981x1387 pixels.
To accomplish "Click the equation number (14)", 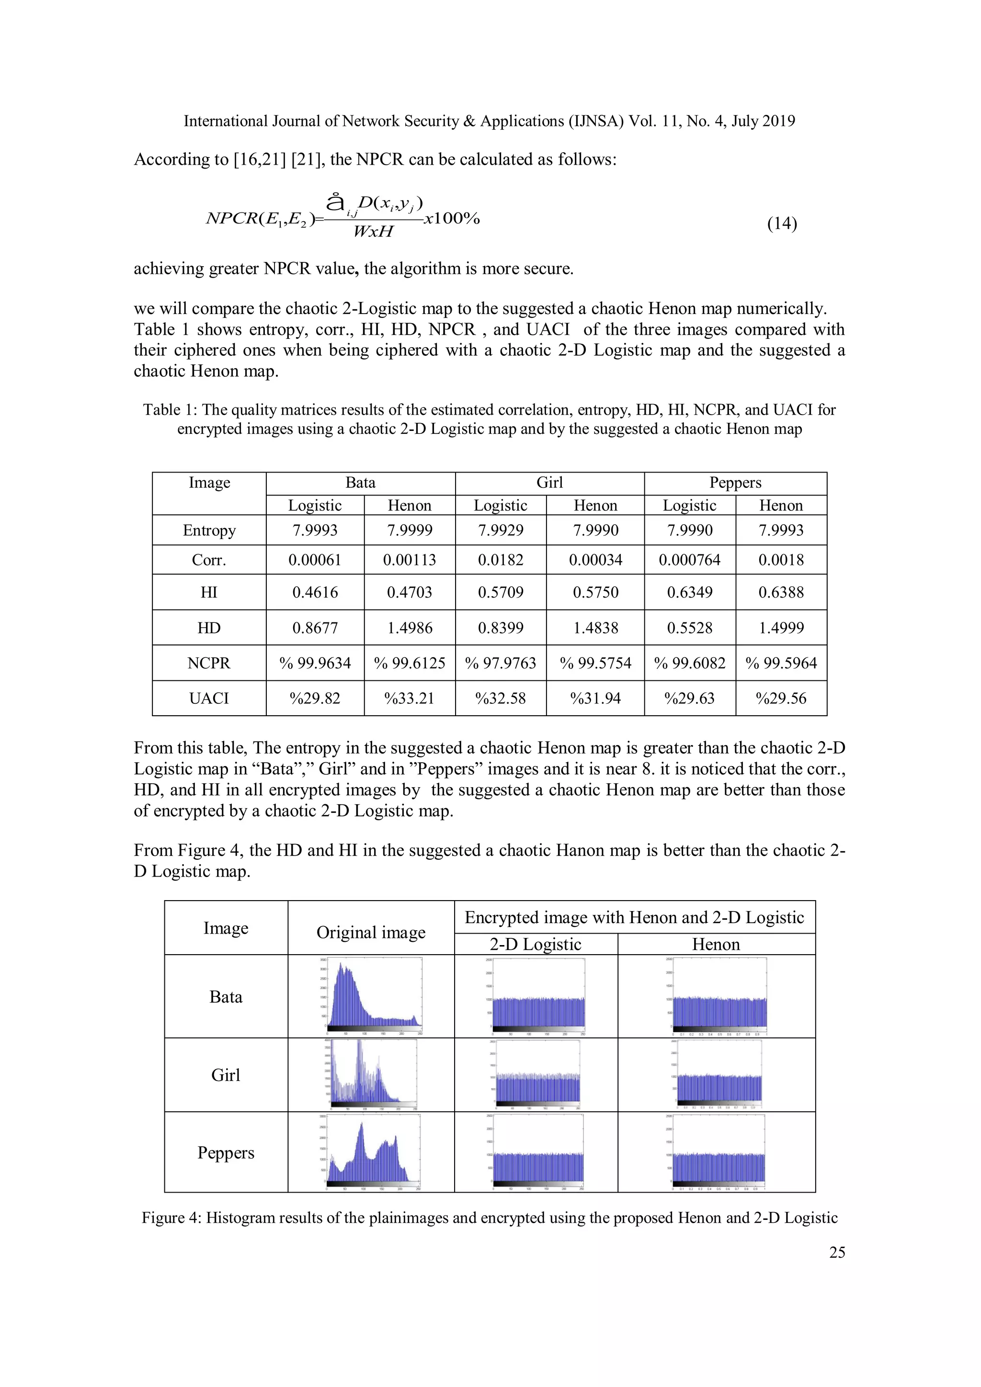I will point(782,224).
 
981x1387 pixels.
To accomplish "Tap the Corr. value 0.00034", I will point(595,560).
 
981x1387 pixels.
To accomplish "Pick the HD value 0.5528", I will point(689,628).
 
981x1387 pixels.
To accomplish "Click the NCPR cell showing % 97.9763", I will point(500,663).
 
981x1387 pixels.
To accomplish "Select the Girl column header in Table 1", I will point(549,483).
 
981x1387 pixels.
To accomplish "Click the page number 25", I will point(836,1252).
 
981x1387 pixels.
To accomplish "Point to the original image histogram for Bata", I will point(371,996).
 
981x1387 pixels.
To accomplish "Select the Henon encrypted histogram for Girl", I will point(716,1075).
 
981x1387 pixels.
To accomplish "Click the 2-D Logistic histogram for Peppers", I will point(536,1152).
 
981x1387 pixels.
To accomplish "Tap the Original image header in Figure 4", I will point(371,933).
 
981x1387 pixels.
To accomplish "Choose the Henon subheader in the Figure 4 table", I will point(716,945).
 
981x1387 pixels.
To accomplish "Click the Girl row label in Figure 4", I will point(226,1075).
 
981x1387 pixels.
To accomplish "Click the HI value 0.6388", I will point(780,592).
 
